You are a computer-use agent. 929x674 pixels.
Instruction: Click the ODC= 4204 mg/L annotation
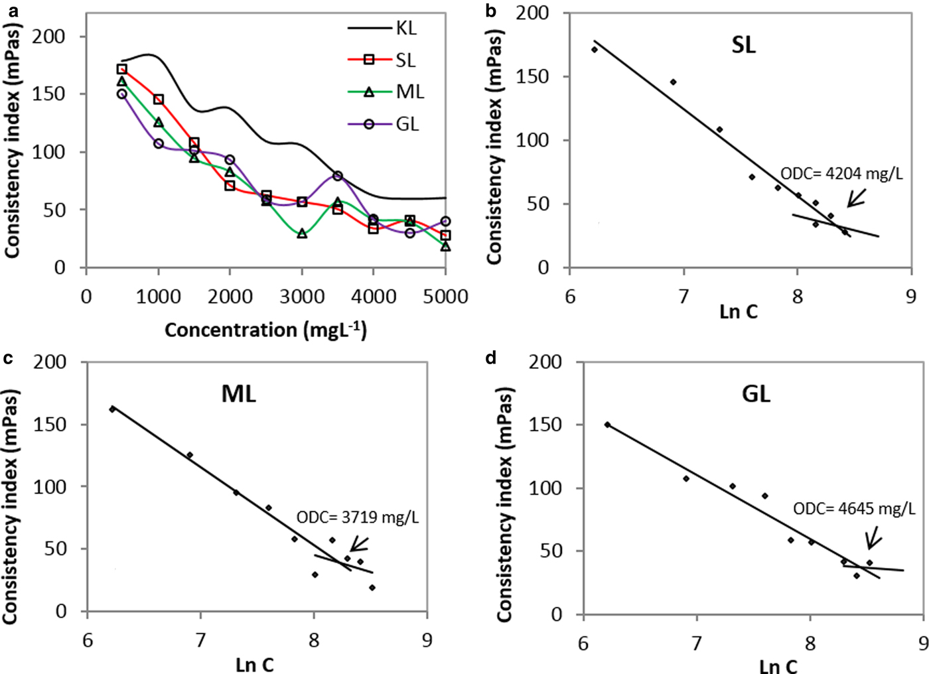(841, 174)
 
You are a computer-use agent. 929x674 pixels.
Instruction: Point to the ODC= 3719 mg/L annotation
(357, 517)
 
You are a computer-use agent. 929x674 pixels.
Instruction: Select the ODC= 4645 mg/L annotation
(854, 509)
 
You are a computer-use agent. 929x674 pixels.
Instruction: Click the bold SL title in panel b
(743, 45)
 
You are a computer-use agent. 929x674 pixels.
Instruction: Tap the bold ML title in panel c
(238, 394)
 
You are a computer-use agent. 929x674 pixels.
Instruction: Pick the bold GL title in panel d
(756, 394)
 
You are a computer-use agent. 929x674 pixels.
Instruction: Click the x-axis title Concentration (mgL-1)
(265, 330)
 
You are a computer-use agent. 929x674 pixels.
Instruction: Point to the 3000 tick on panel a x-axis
(302, 297)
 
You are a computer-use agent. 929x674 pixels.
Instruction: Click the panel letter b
(492, 11)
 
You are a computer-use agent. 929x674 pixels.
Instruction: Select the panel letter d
(492, 358)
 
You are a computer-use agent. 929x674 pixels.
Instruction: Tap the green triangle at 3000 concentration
(302, 234)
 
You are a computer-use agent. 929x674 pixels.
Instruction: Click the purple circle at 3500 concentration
(338, 176)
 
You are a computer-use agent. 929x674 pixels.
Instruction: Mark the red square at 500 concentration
(121, 69)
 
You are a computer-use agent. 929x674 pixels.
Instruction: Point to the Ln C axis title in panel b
(739, 311)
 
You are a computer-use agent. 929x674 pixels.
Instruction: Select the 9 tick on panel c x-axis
(427, 640)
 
